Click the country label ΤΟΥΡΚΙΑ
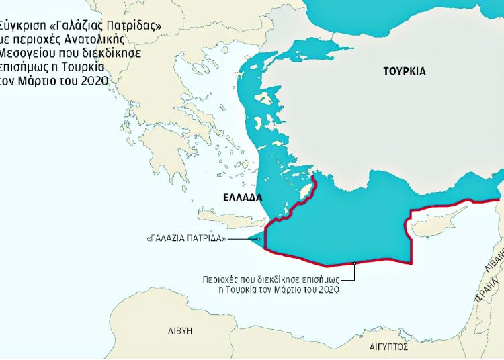[x=405, y=70]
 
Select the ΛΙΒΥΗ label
[x=179, y=331]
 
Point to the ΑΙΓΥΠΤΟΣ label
[x=388, y=349]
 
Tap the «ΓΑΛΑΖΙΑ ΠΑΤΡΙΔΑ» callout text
[x=185, y=238]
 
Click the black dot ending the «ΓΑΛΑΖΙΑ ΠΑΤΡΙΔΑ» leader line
[x=257, y=238]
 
